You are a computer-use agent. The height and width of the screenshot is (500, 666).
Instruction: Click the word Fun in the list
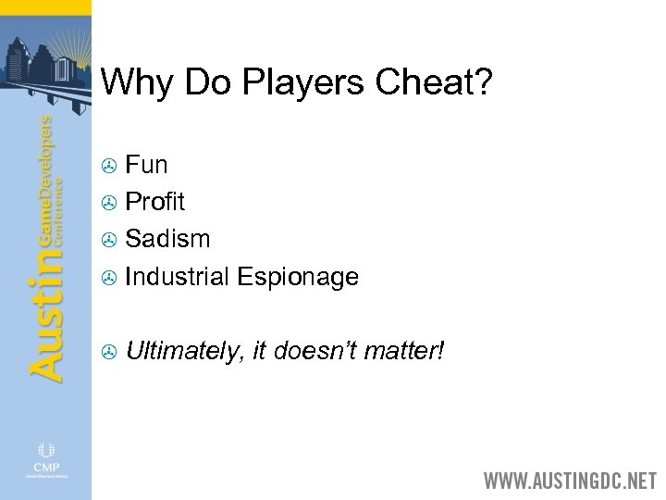(146, 166)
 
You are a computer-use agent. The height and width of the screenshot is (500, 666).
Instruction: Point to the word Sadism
(167, 238)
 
